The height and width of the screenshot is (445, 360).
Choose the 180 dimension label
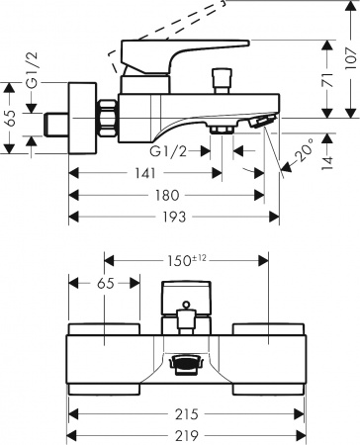click(x=167, y=195)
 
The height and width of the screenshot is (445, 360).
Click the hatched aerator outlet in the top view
click(x=184, y=366)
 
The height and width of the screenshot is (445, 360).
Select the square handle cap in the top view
click(x=184, y=298)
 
